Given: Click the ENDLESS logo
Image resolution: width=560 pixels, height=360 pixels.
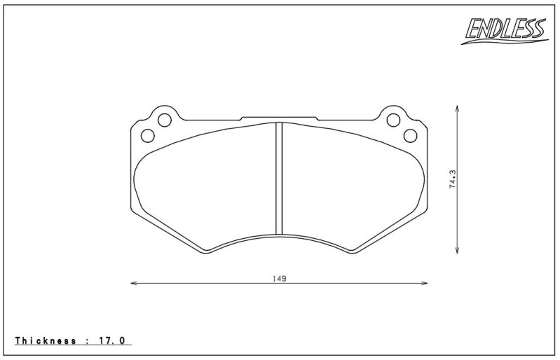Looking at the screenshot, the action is [505, 31].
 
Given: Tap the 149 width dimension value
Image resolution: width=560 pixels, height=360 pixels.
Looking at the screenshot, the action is [280, 279].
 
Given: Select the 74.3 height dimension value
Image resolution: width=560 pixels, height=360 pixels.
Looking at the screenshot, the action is [453, 179].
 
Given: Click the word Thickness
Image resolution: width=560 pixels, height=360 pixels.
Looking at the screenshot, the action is [46, 340].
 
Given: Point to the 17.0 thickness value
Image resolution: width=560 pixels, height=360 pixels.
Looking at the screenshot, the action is [111, 340].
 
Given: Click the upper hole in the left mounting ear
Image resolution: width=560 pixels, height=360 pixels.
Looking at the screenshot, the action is [165, 120].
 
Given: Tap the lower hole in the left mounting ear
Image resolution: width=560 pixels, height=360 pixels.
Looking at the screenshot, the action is [147, 136].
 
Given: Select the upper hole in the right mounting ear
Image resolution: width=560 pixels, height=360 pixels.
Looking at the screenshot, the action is [393, 120].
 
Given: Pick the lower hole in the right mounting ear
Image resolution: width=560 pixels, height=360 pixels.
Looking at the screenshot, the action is [410, 136].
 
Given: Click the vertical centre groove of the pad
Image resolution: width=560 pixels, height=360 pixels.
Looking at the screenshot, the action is [279, 179].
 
